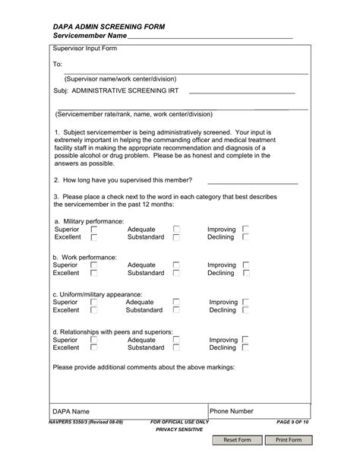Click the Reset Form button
coord(238,440)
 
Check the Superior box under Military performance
coord(94,229)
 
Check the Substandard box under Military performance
coord(176,237)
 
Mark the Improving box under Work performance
coord(246,265)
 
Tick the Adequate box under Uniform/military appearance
coord(176,302)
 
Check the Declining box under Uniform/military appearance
coord(246,310)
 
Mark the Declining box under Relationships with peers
coord(246,347)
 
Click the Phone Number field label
coord(232,411)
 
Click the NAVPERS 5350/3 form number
coord(85,421)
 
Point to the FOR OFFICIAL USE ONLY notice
coord(179,421)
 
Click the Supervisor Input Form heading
coord(84,49)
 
